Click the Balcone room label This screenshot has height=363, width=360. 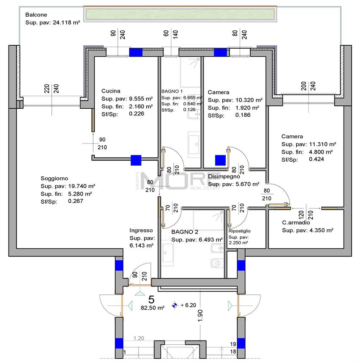coord(36,14)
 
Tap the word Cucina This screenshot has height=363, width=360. coord(111,91)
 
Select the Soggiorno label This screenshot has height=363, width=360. coord(54,178)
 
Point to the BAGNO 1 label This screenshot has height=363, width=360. coord(172,91)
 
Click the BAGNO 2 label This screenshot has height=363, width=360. coord(185,232)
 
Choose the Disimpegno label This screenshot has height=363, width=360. coord(224,176)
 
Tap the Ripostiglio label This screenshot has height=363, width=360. coord(240,231)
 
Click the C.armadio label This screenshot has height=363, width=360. coord(296,223)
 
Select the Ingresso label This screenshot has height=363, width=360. coord(141,230)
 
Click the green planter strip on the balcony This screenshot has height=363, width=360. coord(180,14)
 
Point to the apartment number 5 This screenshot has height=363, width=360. coord(152,299)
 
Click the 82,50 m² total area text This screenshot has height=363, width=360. coord(152,308)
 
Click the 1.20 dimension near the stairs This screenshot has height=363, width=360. coord(138,338)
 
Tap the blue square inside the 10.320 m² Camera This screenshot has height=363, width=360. coord(220,160)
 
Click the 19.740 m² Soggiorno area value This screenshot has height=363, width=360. coord(81,186)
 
